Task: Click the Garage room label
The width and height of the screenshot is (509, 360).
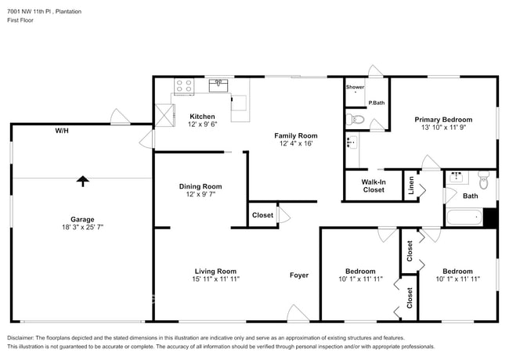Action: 82,219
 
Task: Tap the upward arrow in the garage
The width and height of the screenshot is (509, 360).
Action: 82,181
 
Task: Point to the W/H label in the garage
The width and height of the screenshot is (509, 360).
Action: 61,131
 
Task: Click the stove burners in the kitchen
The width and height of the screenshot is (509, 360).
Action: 184,86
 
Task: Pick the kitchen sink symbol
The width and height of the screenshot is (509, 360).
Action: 218,86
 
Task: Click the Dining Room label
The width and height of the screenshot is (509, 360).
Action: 200,186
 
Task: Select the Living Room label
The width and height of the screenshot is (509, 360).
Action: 215,272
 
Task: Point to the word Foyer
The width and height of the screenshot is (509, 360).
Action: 299,275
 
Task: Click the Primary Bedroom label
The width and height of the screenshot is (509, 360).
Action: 443,120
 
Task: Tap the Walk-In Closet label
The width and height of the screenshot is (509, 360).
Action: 374,185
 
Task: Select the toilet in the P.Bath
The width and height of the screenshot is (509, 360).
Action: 356,120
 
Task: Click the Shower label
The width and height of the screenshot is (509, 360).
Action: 355,87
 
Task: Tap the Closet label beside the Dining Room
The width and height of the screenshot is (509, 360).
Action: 262,215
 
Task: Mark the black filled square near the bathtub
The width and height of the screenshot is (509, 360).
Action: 490,218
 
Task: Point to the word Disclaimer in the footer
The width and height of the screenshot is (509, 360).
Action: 23,337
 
